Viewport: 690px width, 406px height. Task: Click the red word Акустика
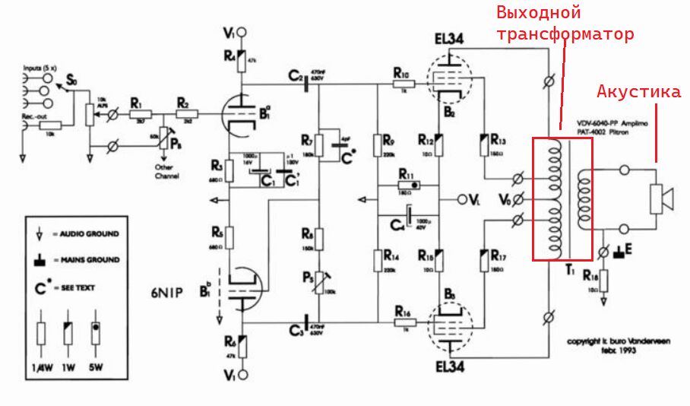point(638,92)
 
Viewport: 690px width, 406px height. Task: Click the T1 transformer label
point(568,268)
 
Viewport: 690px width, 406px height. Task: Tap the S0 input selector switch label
point(71,81)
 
